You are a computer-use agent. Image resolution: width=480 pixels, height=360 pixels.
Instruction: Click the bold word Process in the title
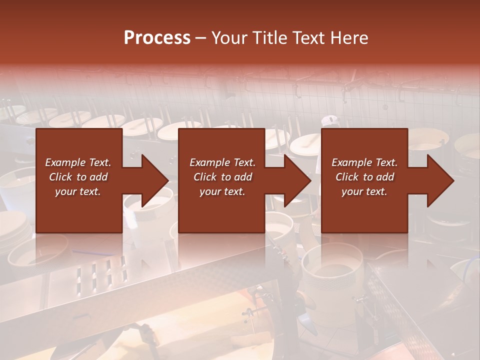157,37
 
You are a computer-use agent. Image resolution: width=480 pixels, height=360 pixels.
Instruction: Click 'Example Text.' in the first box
78,162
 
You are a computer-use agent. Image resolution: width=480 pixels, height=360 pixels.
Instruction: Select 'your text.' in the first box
78,191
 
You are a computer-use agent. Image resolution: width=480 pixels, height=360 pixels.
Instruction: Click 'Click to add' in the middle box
222,177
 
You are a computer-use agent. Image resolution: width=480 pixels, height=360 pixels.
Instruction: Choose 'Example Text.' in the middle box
222,162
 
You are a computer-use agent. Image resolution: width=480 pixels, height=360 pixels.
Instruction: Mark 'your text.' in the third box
364,191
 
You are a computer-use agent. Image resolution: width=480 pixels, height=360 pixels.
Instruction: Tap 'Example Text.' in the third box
364,162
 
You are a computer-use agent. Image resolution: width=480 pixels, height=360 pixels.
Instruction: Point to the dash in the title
201,38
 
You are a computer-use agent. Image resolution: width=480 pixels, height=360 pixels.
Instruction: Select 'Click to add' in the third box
364,177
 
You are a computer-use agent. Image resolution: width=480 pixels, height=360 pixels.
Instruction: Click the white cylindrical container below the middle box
331,280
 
